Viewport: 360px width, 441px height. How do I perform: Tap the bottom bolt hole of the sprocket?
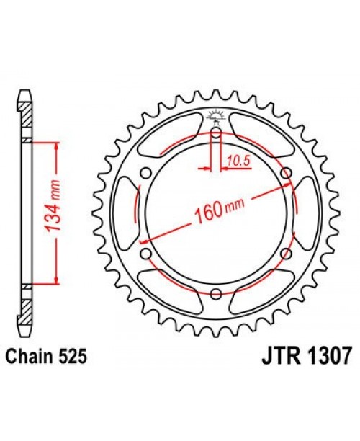coord(216,292)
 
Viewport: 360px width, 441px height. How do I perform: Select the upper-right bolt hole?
coord(285,173)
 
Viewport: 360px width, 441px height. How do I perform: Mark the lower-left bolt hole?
coord(147,253)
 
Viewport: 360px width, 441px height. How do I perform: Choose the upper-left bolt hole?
coord(147,173)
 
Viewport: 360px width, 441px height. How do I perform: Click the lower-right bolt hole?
coord(285,253)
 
